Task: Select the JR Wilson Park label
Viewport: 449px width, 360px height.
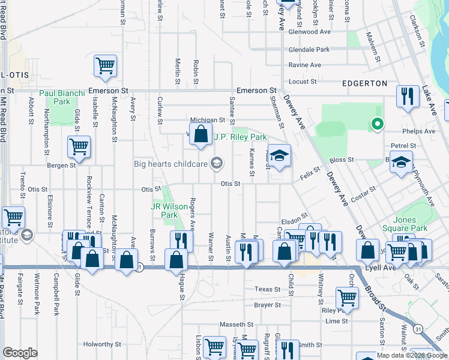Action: pos(163,210)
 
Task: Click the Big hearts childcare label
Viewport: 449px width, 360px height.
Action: pos(172,163)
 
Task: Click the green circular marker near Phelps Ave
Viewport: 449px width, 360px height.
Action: pos(377,124)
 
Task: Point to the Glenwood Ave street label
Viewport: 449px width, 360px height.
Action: pos(310,32)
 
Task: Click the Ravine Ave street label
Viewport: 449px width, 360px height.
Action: pos(304,65)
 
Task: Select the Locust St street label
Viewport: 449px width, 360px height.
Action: pos(303,81)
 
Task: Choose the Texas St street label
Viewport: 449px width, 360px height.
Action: pos(267,289)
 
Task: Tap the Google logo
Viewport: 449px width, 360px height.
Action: pos(20,353)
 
